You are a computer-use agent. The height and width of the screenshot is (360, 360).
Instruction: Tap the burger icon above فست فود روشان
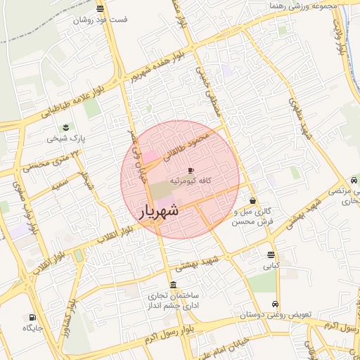[x=101, y=9]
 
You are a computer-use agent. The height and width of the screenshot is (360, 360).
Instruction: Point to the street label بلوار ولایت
[x=342, y=39]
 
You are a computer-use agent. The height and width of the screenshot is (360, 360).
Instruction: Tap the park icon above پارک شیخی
[x=65, y=127]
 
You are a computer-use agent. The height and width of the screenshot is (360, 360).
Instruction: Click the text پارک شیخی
[x=65, y=139]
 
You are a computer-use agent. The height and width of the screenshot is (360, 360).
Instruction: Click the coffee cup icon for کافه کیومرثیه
[x=191, y=170]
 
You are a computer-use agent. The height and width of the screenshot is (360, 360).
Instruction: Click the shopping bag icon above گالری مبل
[x=252, y=200]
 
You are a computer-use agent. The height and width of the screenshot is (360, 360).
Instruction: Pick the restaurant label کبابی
[x=271, y=266]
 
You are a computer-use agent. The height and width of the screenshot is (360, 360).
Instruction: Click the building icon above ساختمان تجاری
[x=173, y=284]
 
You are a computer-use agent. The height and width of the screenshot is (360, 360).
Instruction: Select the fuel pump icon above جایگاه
[x=32, y=317]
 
